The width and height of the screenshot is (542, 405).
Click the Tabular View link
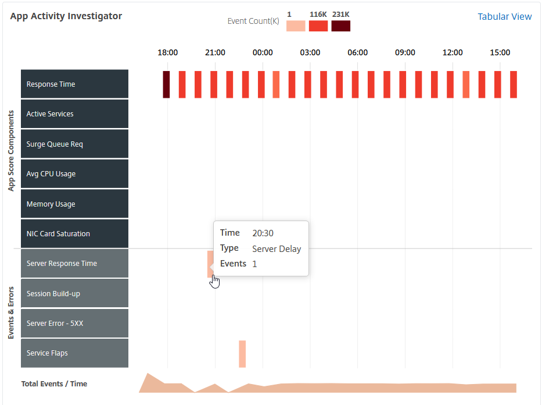point(504,17)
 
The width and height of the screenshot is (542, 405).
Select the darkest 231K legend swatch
point(341,26)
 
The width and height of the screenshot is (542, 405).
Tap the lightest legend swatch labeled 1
point(296,26)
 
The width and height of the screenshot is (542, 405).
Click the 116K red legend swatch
point(318,26)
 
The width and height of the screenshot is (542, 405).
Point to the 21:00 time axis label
point(215,52)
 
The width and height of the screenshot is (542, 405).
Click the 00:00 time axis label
point(263,52)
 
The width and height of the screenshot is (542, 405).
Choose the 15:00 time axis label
point(500,52)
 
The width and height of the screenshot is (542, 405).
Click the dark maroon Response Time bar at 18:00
point(166,84)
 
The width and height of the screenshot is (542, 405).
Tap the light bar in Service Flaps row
point(242,354)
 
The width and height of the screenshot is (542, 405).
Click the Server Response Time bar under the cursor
point(210,264)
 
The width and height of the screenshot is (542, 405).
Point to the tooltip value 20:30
point(263,233)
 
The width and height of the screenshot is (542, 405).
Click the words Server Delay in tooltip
point(277,249)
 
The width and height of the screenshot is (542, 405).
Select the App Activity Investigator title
point(66,16)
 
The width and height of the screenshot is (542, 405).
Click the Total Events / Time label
point(54,384)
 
